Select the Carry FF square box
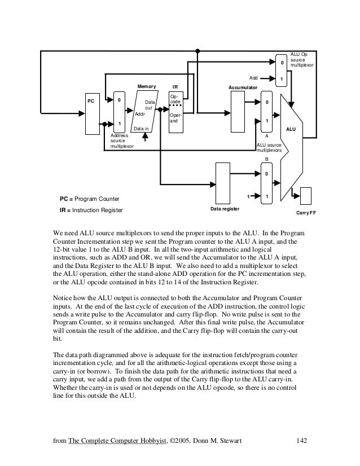pos(309,196)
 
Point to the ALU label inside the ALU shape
pos(291,129)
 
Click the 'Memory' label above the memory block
pos(147,86)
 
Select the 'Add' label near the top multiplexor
pos(254,78)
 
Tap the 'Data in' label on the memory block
pos(141,129)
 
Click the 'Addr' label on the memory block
pos(140,113)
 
